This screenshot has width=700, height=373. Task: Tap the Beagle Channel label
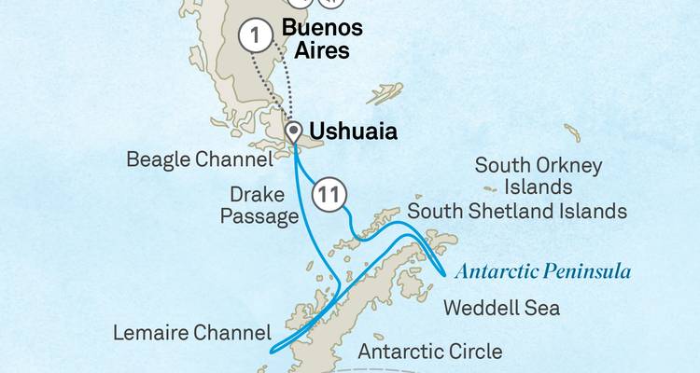click(200, 159)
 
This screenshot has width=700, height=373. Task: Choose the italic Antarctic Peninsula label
click(541, 272)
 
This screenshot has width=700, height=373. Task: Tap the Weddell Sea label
click(501, 307)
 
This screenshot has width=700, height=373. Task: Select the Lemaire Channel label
click(192, 332)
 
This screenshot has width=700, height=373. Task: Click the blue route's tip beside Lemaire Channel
click(272, 352)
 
